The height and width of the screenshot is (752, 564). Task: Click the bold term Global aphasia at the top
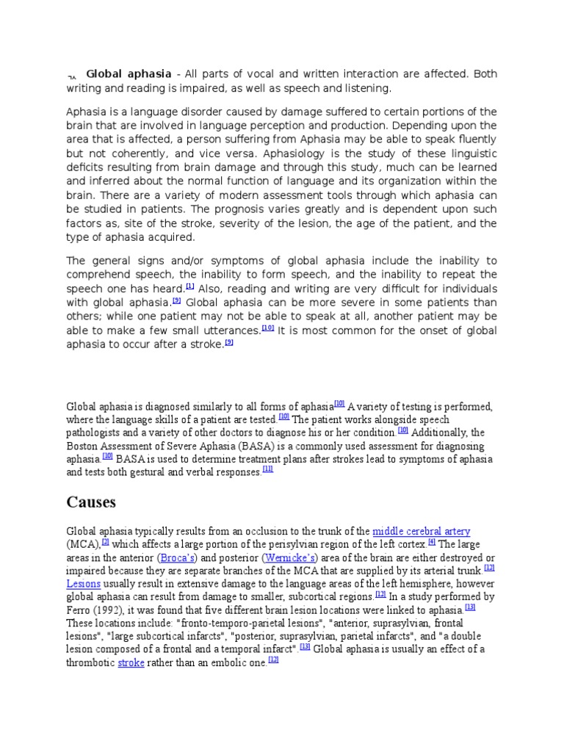(x=129, y=74)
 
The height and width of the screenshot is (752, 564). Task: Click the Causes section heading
(x=91, y=502)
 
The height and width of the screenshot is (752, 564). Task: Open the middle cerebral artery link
(x=421, y=531)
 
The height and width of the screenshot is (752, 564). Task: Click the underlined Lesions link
(x=83, y=584)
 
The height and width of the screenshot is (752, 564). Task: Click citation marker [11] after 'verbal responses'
(x=268, y=470)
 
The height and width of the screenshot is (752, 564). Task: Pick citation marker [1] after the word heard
(x=189, y=286)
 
